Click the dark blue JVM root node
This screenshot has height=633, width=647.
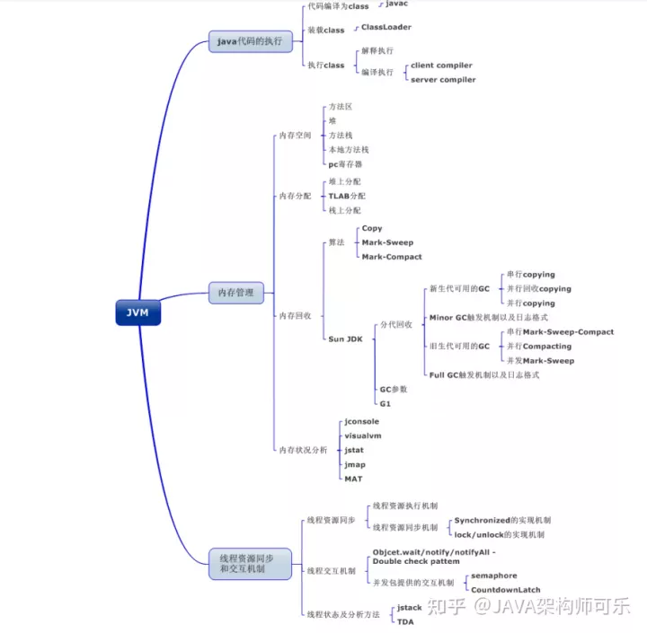tap(137, 312)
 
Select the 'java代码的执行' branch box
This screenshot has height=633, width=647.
tap(249, 41)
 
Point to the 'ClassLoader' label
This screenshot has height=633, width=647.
tap(386, 28)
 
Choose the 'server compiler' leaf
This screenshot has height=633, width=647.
tap(443, 80)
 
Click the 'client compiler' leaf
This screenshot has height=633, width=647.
tap(441, 66)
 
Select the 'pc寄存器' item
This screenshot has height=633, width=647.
tap(345, 164)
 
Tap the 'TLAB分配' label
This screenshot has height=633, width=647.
tap(347, 196)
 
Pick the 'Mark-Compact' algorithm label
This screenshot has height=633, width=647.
tap(391, 257)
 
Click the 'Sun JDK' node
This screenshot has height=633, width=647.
tap(345, 338)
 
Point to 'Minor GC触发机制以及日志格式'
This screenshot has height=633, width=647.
tap(488, 318)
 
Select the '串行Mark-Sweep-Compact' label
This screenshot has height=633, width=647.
tap(560, 332)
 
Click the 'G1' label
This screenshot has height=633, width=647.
tap(385, 403)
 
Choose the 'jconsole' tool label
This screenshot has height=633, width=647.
tap(361, 421)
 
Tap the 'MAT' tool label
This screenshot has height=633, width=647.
tap(353, 479)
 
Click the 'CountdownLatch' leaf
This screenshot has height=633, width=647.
tap(506, 590)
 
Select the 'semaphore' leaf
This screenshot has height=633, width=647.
tap(494, 576)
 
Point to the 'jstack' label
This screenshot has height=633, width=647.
tap(410, 608)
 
